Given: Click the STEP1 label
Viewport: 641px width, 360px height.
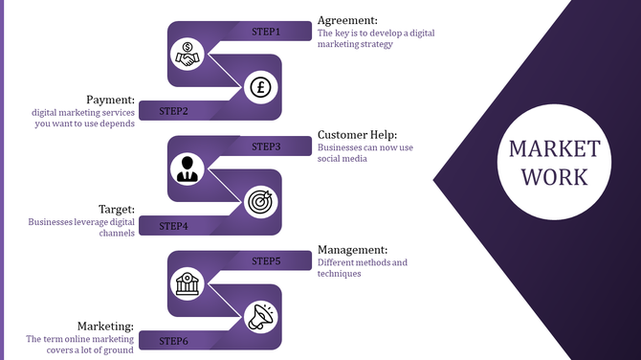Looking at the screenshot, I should (x=266, y=32).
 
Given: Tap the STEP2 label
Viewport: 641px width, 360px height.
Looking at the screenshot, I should (x=173, y=111).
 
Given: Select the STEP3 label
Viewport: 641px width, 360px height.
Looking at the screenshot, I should (x=266, y=146).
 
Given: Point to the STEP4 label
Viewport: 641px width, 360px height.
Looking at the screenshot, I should (x=173, y=226).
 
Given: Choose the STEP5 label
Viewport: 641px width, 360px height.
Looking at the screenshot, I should (x=266, y=260).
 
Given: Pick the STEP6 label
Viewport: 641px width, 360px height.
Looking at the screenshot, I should (x=173, y=340).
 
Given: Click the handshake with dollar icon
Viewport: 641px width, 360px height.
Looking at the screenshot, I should (x=186, y=55).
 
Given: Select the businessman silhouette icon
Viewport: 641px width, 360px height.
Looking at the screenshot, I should (x=186, y=169).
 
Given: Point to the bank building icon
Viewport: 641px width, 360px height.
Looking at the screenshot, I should (x=186, y=283).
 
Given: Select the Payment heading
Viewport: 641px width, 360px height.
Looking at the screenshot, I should (x=110, y=100).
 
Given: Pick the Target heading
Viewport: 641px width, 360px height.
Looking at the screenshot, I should (x=117, y=209).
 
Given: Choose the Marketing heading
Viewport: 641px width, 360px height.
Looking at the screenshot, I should (x=105, y=326).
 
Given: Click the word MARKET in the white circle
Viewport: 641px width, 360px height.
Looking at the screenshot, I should (x=554, y=149).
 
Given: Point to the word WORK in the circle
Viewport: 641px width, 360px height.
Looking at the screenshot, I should (x=554, y=177).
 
